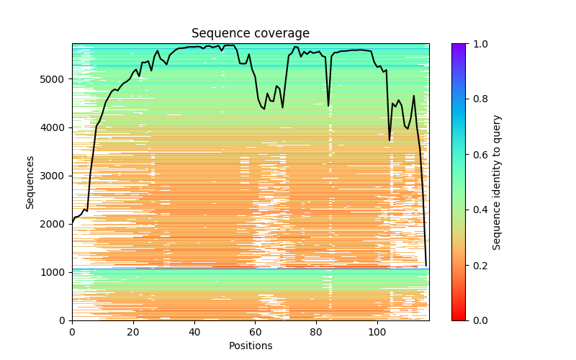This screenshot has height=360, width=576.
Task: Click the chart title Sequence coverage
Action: coord(250,34)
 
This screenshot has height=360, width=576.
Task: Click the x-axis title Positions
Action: coord(250,346)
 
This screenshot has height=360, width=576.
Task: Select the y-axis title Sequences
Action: coord(30,181)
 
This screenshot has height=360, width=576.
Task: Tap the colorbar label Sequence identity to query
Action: coord(497,181)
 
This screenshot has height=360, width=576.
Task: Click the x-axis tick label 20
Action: coord(133,332)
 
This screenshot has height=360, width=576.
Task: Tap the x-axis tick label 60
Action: coord(255,332)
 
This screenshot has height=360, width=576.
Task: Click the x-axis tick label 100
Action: coord(377,332)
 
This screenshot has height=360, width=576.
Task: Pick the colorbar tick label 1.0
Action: coord(477,44)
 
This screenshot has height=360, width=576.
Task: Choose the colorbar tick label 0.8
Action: coord(477,99)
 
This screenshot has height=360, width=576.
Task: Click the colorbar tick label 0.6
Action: coord(477,155)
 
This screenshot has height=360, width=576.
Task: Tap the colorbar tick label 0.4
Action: coord(477,210)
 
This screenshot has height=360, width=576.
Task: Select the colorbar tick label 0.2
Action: coord(477,265)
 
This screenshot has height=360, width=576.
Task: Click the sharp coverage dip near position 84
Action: coord(328,105)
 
